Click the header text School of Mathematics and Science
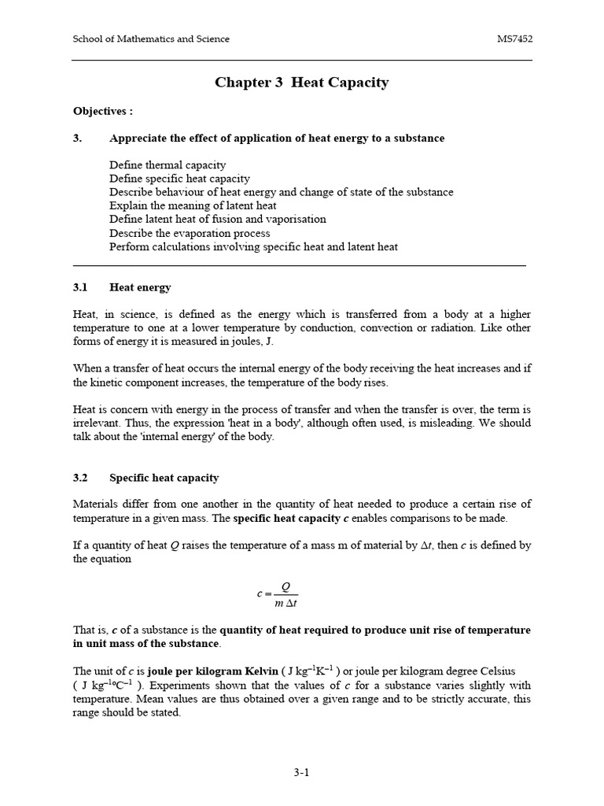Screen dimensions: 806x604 click(151, 39)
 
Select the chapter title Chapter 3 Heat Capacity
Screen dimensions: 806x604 click(301, 83)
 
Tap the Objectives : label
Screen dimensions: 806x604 click(103, 111)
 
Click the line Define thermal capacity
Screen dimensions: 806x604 click(168, 165)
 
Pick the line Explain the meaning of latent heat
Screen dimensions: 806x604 click(193, 205)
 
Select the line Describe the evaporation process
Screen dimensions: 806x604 click(190, 233)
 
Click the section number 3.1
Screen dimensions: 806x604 click(81, 287)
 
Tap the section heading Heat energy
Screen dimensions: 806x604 click(140, 287)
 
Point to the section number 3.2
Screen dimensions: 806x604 click(81, 478)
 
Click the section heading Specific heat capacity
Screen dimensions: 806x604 click(164, 478)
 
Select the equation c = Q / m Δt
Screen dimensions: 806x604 click(278, 595)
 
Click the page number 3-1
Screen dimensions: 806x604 click(301, 772)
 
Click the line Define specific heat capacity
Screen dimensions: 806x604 click(179, 179)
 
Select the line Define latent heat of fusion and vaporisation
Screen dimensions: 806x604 click(218, 219)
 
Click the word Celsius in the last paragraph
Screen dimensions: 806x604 click(494, 671)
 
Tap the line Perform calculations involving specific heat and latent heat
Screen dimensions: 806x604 click(253, 246)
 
